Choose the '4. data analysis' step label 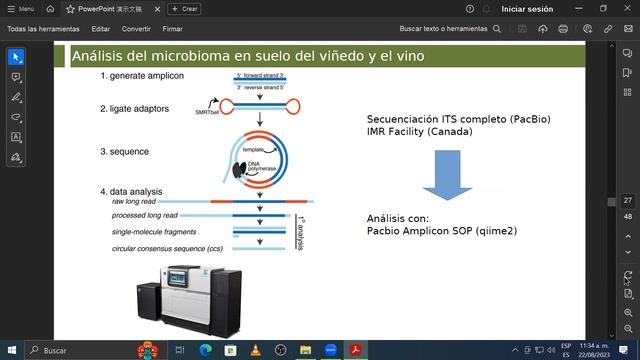click(x=131, y=191)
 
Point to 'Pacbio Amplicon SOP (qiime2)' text click(x=442, y=231)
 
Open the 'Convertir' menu click(x=136, y=29)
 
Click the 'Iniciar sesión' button click(x=527, y=8)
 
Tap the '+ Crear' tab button click(x=183, y=8)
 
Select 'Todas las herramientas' click(x=43, y=29)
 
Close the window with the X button click(x=625, y=8)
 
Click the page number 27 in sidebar click(x=627, y=201)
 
